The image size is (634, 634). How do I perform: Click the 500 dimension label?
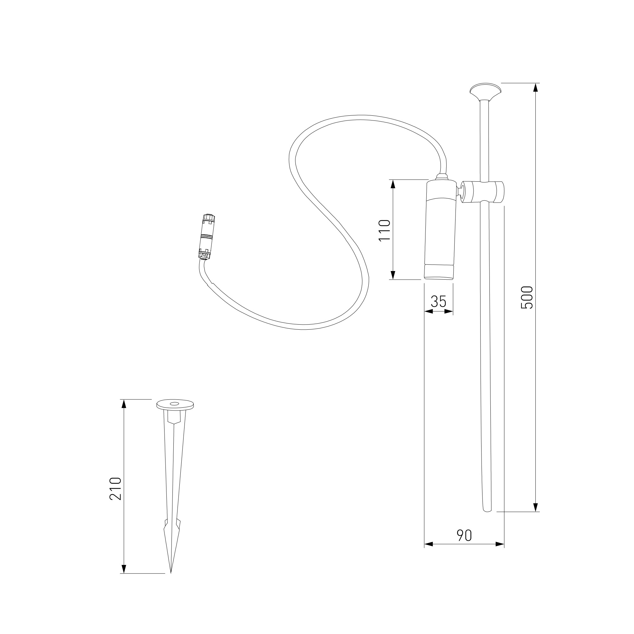[x=527, y=297]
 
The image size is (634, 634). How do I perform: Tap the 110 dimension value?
[x=385, y=230]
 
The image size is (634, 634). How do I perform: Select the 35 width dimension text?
[x=439, y=301]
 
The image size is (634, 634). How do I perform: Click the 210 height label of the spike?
[x=115, y=488]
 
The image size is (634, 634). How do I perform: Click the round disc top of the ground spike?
[x=175, y=405]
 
